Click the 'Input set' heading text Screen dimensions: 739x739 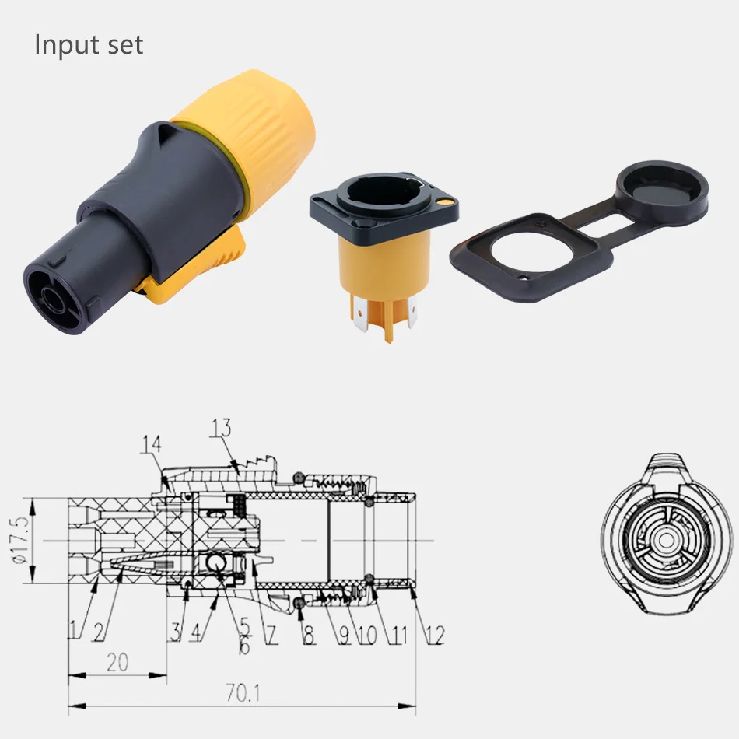point(89,44)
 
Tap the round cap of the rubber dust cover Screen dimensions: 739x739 point(661,187)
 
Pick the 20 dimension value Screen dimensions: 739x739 point(117,663)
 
